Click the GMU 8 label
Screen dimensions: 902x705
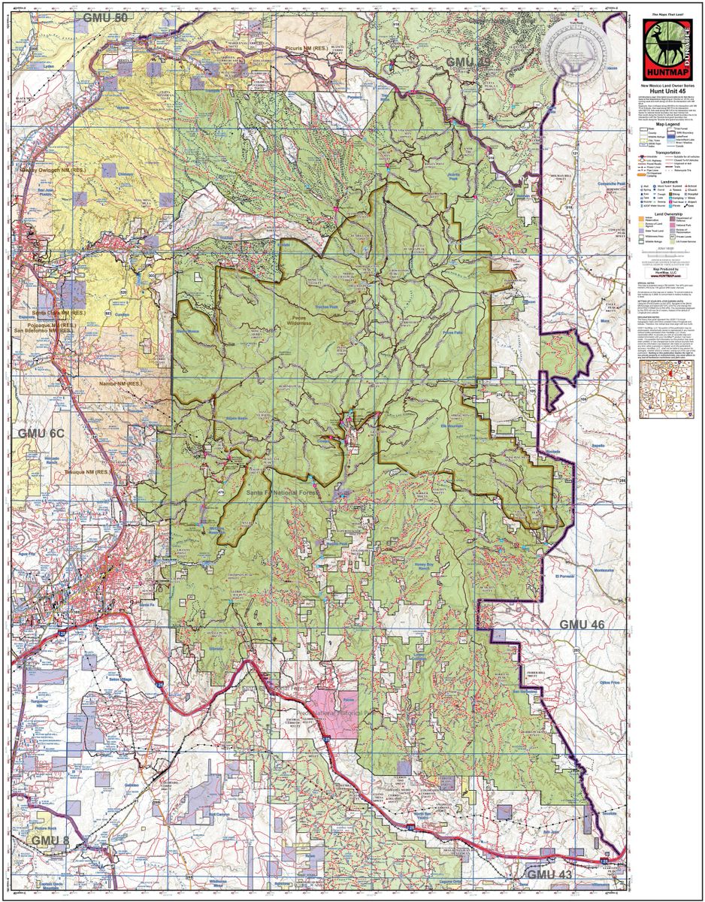[50, 839]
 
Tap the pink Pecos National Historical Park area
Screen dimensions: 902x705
[336, 707]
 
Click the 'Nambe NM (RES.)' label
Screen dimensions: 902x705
[120, 384]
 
